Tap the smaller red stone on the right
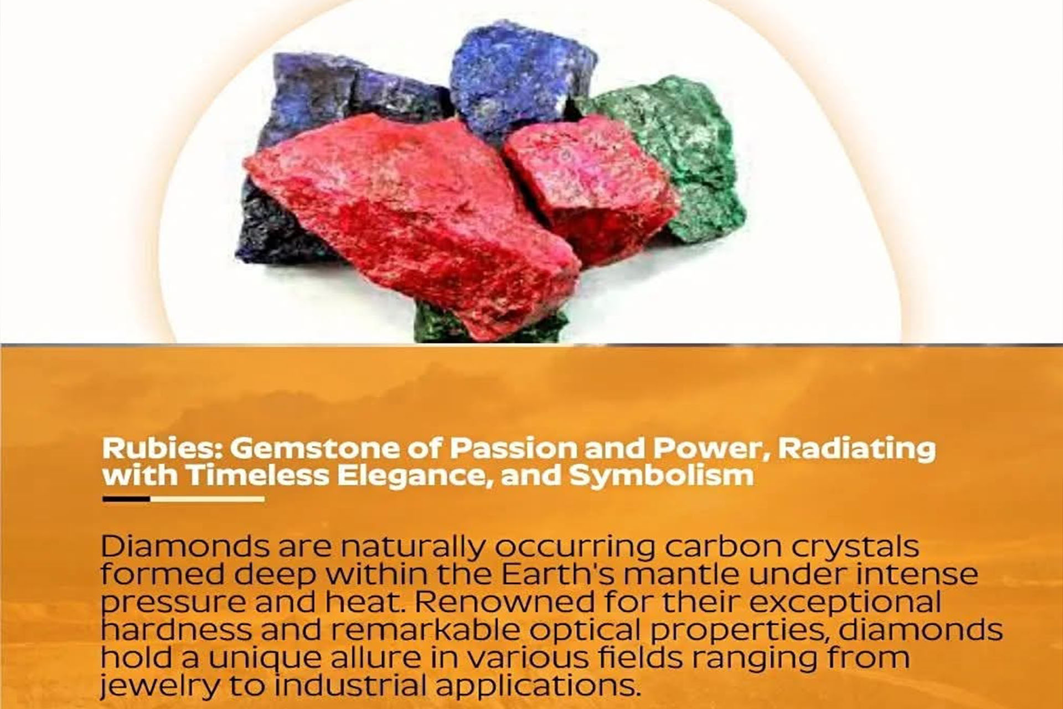click(x=590, y=188)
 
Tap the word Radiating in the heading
click(x=856, y=449)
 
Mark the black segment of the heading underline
click(x=126, y=499)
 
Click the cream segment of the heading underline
click(x=207, y=499)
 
